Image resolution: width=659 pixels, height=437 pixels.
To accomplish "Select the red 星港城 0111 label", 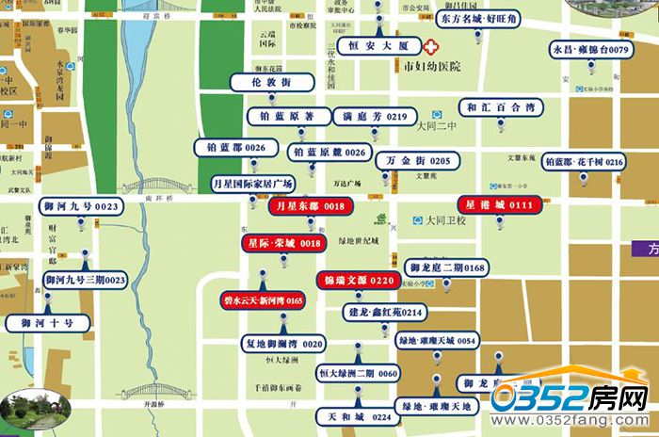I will coord(495,204).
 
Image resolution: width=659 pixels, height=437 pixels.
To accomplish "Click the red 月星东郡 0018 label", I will coord(309,205).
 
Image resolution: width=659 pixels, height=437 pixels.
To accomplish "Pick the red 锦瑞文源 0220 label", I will coord(358,281).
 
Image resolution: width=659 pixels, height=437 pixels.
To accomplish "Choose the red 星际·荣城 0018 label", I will coord(284,243).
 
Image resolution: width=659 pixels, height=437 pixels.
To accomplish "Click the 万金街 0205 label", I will coord(419,161).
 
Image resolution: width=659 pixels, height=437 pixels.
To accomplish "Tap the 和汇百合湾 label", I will coord(502,107).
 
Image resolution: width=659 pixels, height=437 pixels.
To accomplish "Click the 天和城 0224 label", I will coord(354,415).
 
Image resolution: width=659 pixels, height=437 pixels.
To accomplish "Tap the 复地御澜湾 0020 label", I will coord(282,343).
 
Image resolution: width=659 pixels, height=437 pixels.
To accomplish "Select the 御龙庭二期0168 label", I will coord(447,268).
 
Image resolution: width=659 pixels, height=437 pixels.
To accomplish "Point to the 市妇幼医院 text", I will coord(432,68).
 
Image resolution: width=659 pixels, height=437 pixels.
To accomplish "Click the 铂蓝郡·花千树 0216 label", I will coord(585,162).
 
